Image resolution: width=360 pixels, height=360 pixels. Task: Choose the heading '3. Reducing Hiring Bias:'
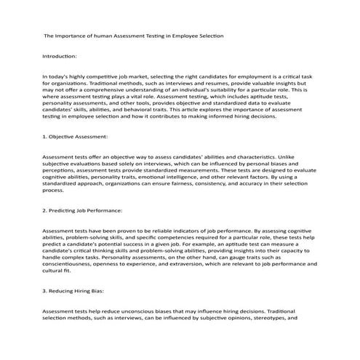pos(75,291)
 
